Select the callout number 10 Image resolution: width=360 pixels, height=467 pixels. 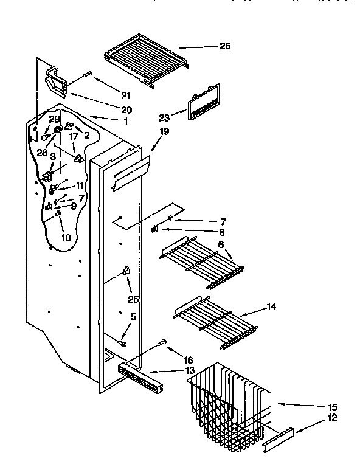point(65,237)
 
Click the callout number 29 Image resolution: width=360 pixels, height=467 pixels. point(54,119)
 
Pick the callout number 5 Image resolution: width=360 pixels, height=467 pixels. point(133,316)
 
